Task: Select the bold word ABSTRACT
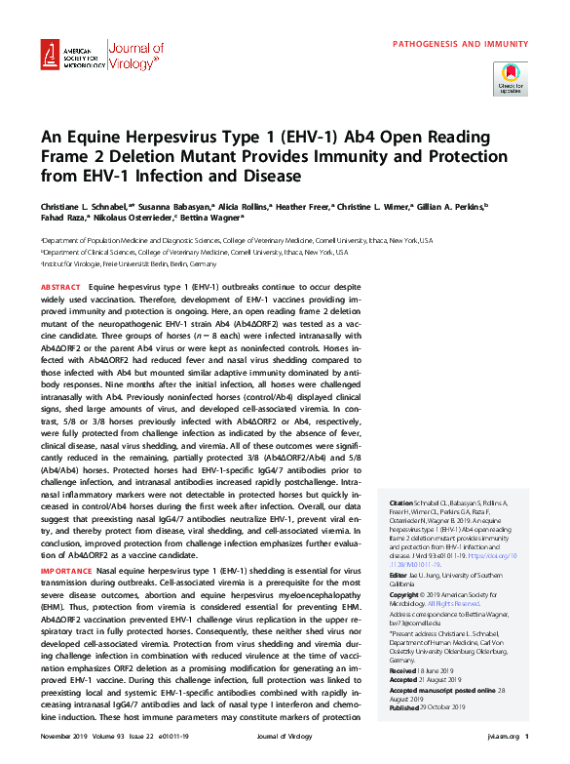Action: click(60, 289)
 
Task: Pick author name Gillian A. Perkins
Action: click(454, 207)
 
